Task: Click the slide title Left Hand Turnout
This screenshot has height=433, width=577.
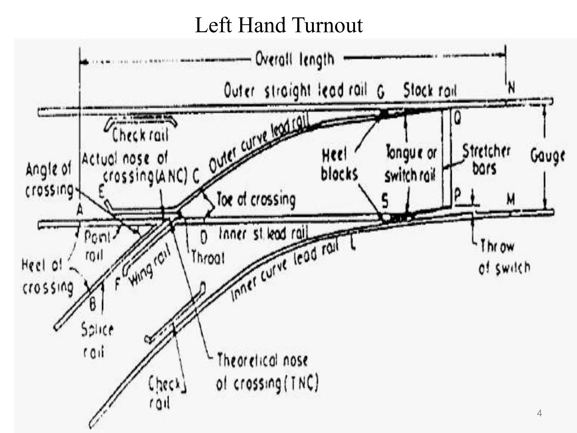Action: [279, 25]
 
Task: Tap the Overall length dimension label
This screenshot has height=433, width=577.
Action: [295, 60]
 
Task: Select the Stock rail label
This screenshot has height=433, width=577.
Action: [430, 90]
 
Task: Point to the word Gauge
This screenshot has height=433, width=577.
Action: [547, 156]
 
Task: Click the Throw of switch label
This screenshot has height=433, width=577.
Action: [504, 257]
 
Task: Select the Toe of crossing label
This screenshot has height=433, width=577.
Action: [256, 200]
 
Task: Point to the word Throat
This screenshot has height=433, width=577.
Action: [208, 257]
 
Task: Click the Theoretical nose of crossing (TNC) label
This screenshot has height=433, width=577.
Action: [267, 372]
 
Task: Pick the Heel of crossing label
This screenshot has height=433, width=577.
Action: [46, 277]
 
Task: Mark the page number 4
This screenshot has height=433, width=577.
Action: [539, 414]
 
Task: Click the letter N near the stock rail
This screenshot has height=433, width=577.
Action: [511, 88]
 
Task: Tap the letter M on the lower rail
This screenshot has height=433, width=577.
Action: [511, 200]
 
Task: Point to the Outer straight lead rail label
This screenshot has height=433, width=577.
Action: [295, 91]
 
